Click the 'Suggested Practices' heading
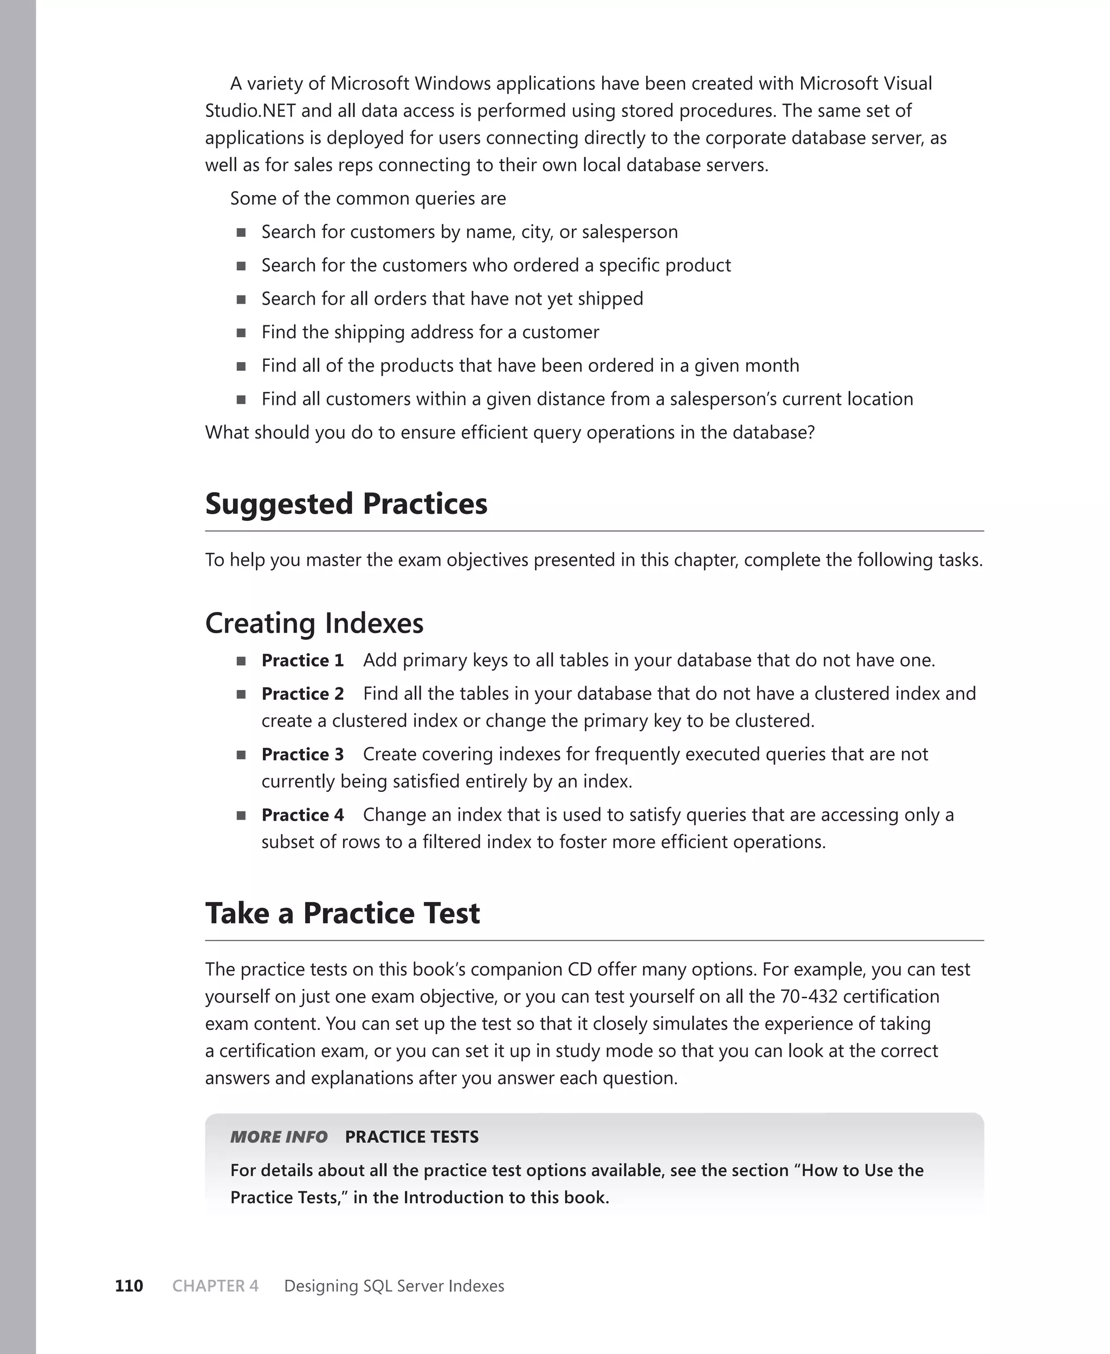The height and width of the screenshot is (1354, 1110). coord(346,505)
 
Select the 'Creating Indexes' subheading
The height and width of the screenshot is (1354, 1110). coord(314,623)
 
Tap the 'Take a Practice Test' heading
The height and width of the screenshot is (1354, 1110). coord(342,913)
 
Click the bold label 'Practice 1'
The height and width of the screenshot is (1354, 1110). coord(302,660)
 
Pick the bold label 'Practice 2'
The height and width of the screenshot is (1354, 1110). coord(302,694)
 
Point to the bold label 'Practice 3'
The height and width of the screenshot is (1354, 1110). coord(302,755)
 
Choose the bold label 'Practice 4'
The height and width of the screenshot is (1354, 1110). coord(302,815)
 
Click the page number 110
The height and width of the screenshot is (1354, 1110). coord(128,1286)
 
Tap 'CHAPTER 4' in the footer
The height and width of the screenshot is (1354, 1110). coord(216,1286)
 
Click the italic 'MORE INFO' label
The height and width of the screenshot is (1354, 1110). coord(279,1137)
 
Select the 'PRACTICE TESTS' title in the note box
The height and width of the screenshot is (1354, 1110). coord(412,1137)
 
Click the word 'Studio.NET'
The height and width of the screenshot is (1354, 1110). coord(250,111)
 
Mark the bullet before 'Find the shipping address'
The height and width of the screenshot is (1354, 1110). coord(241,332)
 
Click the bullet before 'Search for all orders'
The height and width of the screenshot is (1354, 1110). coord(241,299)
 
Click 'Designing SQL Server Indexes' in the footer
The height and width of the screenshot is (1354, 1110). coord(394,1286)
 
